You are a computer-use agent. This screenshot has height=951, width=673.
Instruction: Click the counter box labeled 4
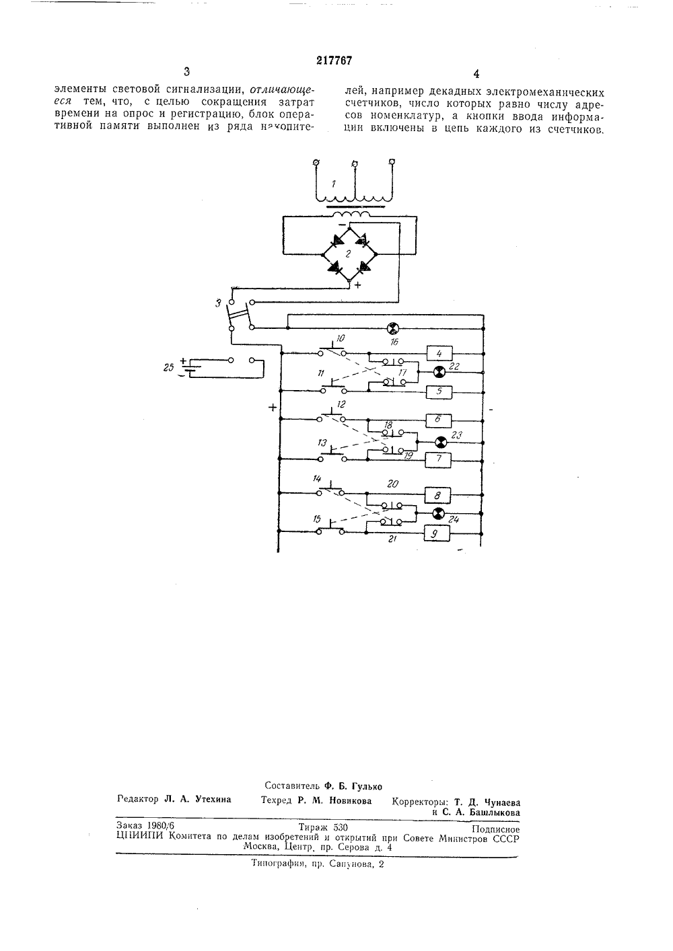(x=439, y=353)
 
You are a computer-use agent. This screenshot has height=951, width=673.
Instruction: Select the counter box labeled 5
(x=439, y=392)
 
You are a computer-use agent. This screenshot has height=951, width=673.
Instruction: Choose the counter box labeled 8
(x=437, y=495)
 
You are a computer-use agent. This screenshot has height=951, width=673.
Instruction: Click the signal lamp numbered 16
(x=394, y=328)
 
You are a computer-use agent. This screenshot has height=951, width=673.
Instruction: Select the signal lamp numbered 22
(x=439, y=373)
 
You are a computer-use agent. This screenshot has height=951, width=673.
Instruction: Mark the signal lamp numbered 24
(x=438, y=514)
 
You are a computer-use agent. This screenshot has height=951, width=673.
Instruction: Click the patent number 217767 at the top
(x=334, y=61)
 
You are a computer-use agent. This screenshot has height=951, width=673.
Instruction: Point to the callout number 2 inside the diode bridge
(x=348, y=254)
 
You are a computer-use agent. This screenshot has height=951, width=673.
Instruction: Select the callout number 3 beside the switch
(x=218, y=303)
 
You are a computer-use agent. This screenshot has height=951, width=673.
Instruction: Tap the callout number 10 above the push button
(x=341, y=338)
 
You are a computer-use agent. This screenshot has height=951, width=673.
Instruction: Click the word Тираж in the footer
(x=313, y=827)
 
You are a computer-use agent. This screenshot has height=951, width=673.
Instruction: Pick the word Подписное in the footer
(x=495, y=829)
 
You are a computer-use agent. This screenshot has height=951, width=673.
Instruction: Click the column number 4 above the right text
(x=476, y=74)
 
